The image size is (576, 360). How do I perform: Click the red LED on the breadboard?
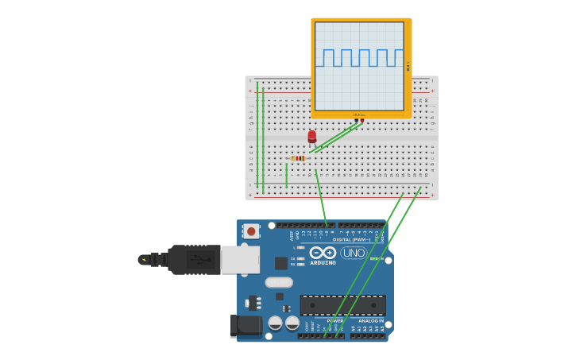tap(311, 136)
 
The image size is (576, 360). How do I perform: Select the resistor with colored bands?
tap(298, 158)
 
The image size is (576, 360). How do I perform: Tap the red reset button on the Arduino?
tap(251, 231)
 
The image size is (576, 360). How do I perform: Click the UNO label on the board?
tap(353, 253)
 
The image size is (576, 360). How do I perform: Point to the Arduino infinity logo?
tap(323, 253)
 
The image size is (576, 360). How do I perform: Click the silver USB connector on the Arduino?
tap(239, 259)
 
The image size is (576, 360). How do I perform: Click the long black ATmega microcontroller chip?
tap(342, 305)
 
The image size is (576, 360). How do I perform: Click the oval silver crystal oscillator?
tap(279, 282)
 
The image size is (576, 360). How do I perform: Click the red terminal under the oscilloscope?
tap(362, 121)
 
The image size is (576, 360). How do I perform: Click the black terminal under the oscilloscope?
tap(356, 121)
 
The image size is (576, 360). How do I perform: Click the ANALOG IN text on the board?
tap(369, 321)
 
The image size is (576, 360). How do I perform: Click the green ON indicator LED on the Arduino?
tap(373, 258)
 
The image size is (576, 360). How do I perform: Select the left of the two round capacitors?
tap(275, 323)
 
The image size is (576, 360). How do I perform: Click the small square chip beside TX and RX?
tap(281, 263)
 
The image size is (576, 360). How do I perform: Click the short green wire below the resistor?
tap(286, 175)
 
